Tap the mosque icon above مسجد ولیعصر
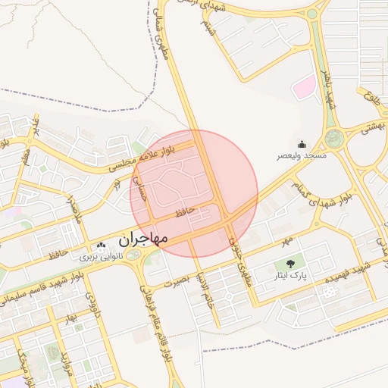(302, 144)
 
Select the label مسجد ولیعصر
(302, 155)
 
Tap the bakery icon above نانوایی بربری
(102, 246)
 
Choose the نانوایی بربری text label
(102, 257)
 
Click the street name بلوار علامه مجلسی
(162, 155)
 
